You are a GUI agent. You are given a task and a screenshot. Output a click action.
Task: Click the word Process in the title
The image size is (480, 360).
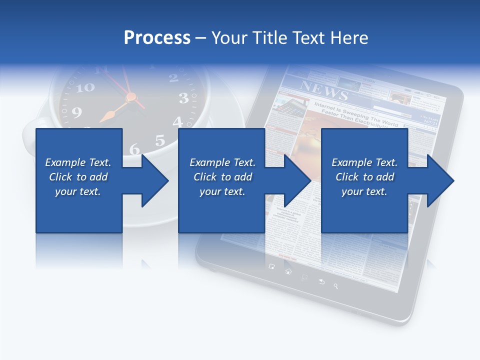157,37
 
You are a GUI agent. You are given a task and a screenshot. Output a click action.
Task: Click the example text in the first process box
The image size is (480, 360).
78,177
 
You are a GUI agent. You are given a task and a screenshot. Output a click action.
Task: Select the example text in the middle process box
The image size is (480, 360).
222,177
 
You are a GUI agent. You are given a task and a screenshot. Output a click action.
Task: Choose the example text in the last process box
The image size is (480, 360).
364,177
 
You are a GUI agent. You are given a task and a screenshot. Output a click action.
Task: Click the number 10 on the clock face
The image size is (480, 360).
85,87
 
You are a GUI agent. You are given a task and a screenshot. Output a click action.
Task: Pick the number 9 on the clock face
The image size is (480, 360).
76,112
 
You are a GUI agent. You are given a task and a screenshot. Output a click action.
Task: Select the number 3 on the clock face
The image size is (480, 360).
183,98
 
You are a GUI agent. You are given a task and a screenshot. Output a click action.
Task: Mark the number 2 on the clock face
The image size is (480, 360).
173,77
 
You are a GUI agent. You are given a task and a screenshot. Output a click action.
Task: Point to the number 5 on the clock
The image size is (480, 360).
159,140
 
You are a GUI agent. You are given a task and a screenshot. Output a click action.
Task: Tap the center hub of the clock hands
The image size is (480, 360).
131,97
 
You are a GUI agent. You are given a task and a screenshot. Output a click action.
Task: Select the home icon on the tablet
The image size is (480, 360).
288,271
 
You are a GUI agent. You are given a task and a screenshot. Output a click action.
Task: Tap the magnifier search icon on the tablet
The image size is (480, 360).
336,286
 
